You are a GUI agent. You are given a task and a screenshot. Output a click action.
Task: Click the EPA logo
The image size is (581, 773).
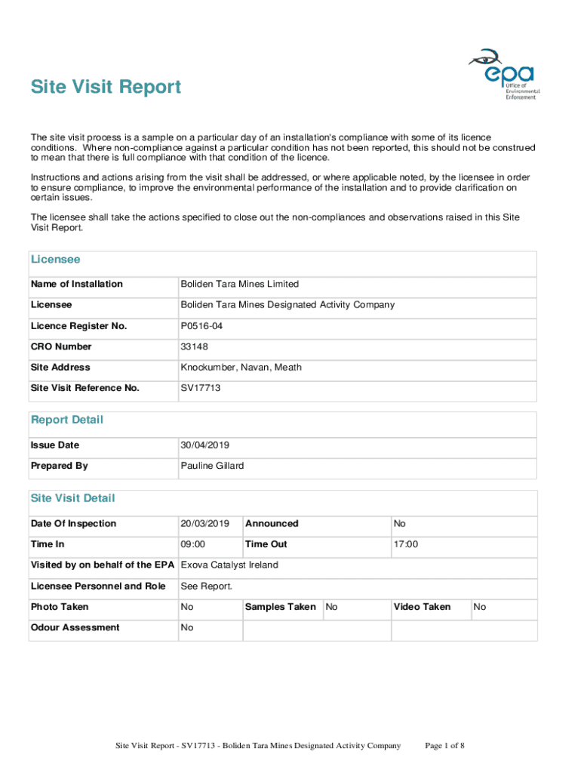tap(502, 74)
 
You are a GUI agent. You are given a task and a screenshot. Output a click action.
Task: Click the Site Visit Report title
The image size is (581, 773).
tap(106, 88)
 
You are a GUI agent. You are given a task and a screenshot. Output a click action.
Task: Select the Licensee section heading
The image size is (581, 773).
tap(55, 260)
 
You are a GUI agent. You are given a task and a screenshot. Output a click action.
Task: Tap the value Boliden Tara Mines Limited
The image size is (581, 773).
tap(239, 285)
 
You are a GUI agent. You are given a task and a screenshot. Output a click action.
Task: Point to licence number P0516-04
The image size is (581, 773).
tap(201, 326)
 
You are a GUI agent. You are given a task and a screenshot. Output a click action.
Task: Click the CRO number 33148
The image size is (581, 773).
tap(194, 346)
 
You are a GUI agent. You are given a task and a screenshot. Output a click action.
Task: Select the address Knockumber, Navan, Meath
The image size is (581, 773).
tap(241, 368)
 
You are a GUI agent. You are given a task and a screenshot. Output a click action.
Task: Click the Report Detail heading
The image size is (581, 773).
tap(66, 420)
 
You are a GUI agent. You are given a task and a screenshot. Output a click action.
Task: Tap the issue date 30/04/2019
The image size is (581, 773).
tap(204, 445)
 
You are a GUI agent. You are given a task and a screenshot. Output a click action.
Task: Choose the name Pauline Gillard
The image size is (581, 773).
tap(212, 466)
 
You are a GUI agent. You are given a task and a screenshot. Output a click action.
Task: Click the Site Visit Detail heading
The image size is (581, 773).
tap(72, 498)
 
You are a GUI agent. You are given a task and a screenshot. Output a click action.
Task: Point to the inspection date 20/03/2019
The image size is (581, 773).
tap(204, 524)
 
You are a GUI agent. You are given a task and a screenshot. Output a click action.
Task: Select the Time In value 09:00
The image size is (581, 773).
tap(193, 544)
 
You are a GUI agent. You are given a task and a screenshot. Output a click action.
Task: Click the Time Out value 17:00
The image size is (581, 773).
tap(406, 544)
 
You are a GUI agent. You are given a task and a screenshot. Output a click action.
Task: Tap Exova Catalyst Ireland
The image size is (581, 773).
tap(229, 565)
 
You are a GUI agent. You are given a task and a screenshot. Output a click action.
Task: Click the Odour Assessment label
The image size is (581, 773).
tap(75, 627)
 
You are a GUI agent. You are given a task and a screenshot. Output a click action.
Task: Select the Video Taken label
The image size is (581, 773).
tap(422, 607)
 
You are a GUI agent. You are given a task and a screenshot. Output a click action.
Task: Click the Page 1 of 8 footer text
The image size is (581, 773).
tap(444, 747)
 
